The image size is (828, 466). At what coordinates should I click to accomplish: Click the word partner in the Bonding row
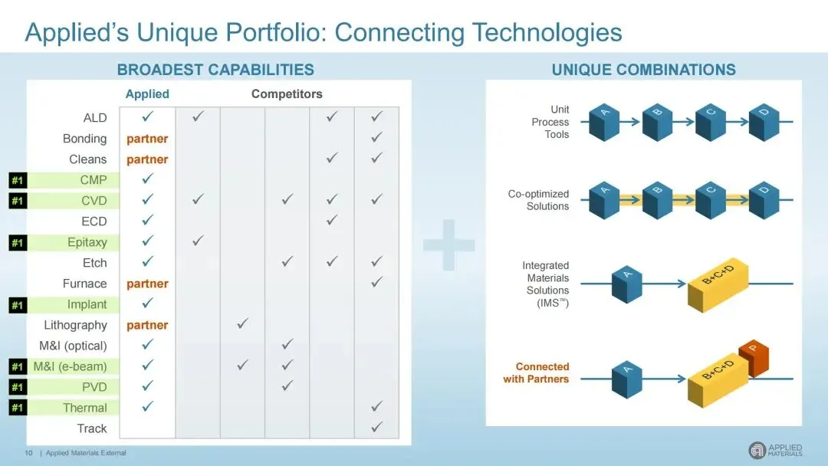pyautogui.click(x=147, y=139)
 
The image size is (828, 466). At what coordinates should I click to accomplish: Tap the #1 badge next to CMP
pyautogui.click(x=18, y=180)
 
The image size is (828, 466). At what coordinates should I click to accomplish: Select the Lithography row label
pyautogui.click(x=75, y=325)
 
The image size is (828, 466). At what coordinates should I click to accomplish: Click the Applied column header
pyautogui.click(x=147, y=94)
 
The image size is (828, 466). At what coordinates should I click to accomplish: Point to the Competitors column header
pyautogui.click(x=287, y=94)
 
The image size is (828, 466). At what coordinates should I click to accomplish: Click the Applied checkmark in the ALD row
pyautogui.click(x=148, y=116)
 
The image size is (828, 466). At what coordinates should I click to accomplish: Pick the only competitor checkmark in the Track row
pyautogui.click(x=376, y=427)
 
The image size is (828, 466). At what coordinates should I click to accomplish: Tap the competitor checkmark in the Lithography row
pyautogui.click(x=242, y=323)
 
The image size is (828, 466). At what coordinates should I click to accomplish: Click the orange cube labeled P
pyautogui.click(x=754, y=357)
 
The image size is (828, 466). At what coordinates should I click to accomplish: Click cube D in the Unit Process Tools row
pyautogui.click(x=764, y=122)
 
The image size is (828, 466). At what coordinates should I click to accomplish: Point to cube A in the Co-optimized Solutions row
pyautogui.click(x=604, y=200)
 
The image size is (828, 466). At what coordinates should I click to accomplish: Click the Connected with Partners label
pyautogui.click(x=536, y=372)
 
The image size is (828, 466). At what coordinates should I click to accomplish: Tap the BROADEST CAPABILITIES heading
pyautogui.click(x=215, y=70)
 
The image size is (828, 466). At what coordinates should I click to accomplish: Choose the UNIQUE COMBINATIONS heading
pyautogui.click(x=644, y=70)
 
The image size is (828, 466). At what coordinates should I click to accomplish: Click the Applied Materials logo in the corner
pyautogui.click(x=775, y=450)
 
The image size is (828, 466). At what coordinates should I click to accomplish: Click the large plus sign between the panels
pyautogui.click(x=449, y=244)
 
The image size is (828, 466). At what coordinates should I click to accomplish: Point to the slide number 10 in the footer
pyautogui.click(x=28, y=453)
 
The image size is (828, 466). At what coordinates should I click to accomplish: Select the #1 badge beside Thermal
pyautogui.click(x=18, y=408)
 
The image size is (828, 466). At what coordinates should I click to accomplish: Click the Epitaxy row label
pyautogui.click(x=87, y=242)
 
